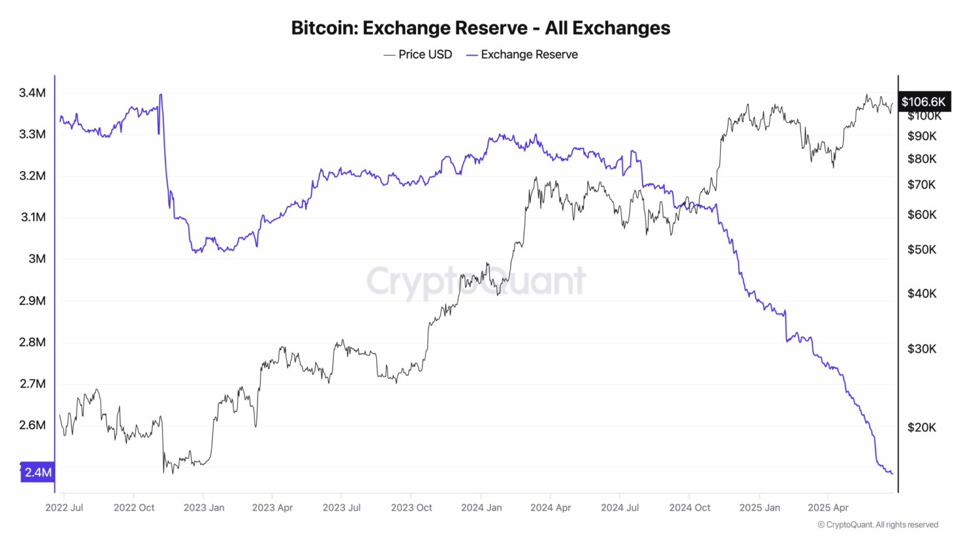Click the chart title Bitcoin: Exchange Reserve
pyautogui.click(x=480, y=28)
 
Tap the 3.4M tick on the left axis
pyautogui.click(x=32, y=93)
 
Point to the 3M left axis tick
pyautogui.click(x=37, y=259)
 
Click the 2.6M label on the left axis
pyautogui.click(x=32, y=425)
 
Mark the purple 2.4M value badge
pyautogui.click(x=38, y=472)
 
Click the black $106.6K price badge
pyautogui.click(x=924, y=101)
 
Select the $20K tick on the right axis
pyautogui.click(x=922, y=428)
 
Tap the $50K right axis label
pyautogui.click(x=922, y=250)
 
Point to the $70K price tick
pyautogui.click(x=922, y=185)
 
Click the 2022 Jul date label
pyautogui.click(x=64, y=507)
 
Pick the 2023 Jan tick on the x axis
pyautogui.click(x=204, y=507)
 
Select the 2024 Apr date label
pyautogui.click(x=551, y=507)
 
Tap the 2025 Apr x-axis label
pyautogui.click(x=828, y=507)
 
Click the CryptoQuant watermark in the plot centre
pyautogui.click(x=476, y=281)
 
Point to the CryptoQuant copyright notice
pyautogui.click(x=877, y=525)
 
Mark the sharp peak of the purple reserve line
pyautogui.click(x=161, y=95)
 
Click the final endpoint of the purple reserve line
pyautogui.click(x=892, y=473)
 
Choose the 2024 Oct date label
pyautogui.click(x=690, y=507)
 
